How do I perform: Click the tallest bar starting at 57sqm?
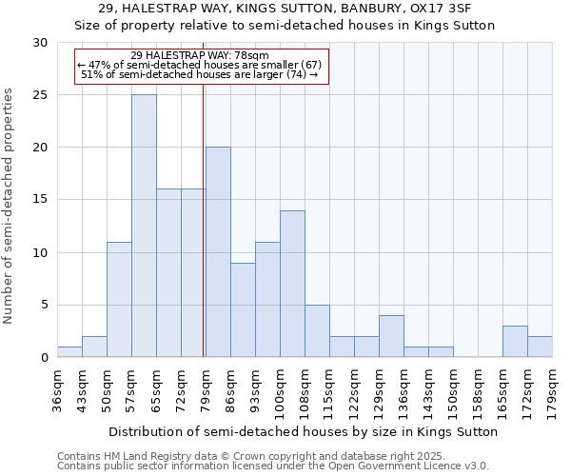[x=144, y=226]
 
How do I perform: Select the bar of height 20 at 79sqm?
[x=218, y=252]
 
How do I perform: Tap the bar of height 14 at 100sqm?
[x=292, y=284]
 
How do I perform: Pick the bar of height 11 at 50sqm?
[x=119, y=300]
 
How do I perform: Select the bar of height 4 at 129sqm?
[x=391, y=336]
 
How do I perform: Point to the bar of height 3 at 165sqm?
[x=515, y=342]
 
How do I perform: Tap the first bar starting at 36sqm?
[x=69, y=352]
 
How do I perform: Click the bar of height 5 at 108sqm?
[x=317, y=331]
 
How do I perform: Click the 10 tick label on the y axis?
[x=40, y=253]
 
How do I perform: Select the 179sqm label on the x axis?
[x=558, y=389]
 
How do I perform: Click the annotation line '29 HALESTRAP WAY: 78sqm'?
[x=200, y=55]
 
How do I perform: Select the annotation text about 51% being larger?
[x=200, y=74]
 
